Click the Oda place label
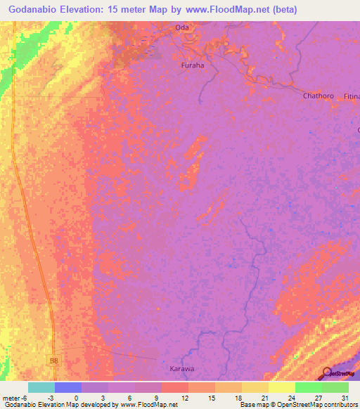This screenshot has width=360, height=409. click(x=183, y=28)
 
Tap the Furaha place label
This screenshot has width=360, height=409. click(x=192, y=65)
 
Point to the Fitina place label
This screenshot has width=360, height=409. click(x=352, y=96)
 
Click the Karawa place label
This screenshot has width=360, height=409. click(x=182, y=368)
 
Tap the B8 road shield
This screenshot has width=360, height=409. click(x=54, y=361)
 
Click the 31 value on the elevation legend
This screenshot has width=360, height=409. click(x=344, y=398)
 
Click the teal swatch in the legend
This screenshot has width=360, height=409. click(x=41, y=387)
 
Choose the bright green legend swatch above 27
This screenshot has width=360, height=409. click(x=308, y=387)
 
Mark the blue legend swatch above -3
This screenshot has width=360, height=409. click(x=67, y=387)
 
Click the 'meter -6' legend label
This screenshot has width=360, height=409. click(x=15, y=398)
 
